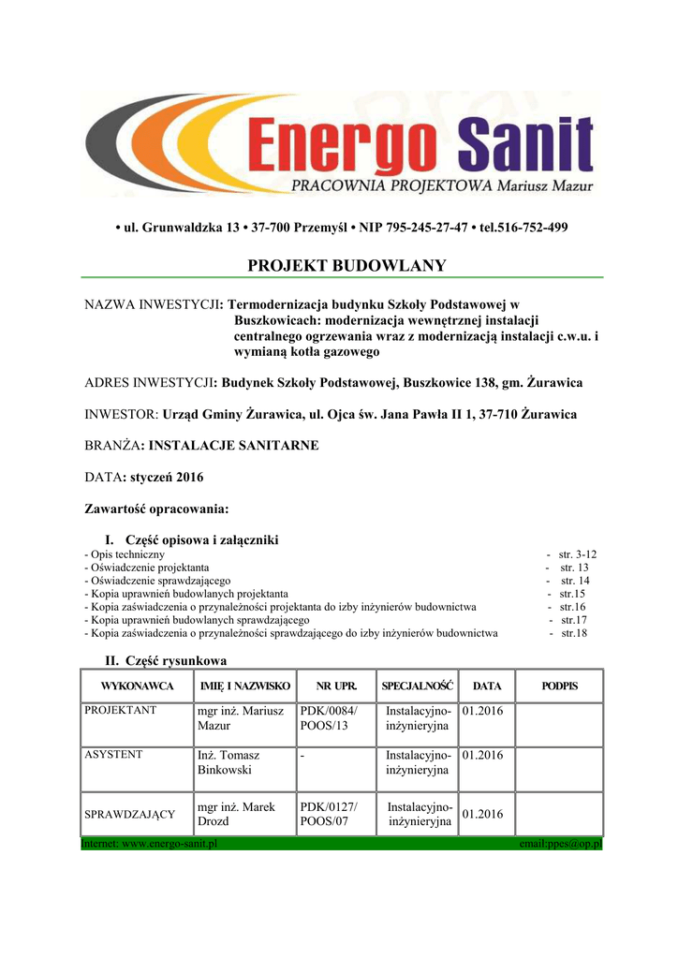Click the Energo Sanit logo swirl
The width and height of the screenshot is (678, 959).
click(x=159, y=148)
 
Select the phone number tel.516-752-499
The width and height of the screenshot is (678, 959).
click(x=522, y=228)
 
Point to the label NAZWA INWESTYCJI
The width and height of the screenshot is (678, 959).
click(x=154, y=304)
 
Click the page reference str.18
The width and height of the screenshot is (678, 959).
click(x=573, y=633)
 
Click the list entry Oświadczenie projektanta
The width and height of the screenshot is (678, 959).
click(x=150, y=568)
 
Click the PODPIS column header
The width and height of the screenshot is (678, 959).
click(x=560, y=686)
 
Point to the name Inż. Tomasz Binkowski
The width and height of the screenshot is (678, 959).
click(x=229, y=762)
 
